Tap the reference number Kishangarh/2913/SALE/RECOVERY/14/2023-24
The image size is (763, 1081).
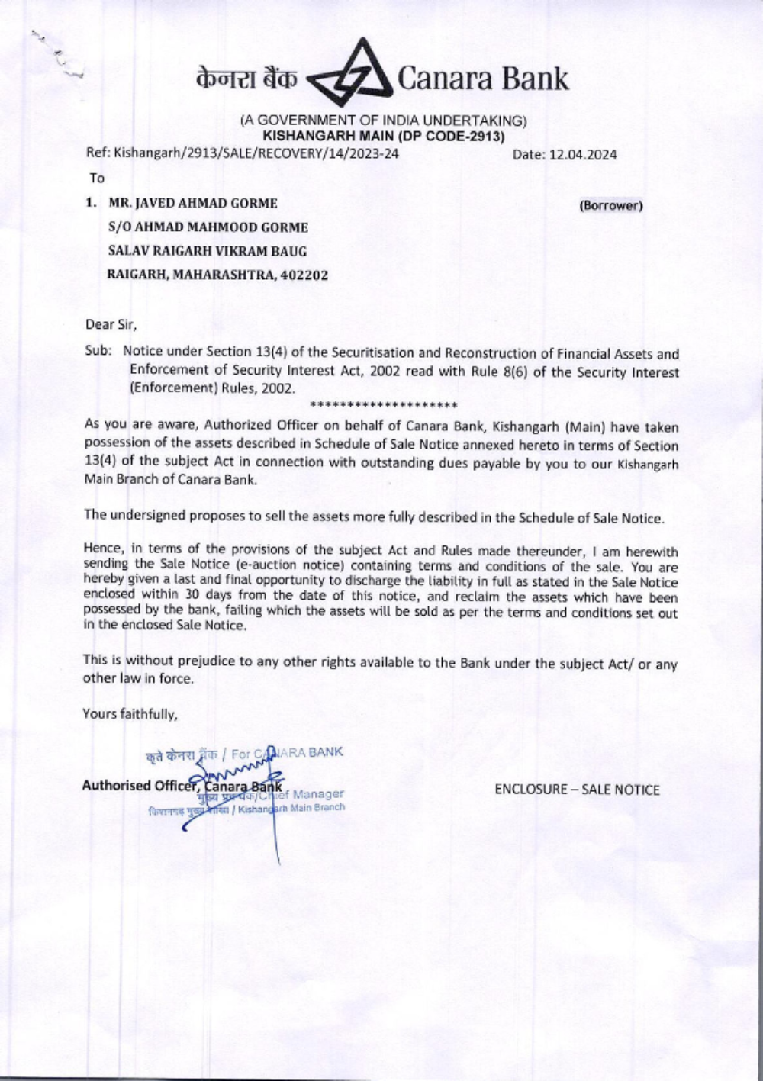[256, 153]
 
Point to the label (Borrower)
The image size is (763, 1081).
[610, 205]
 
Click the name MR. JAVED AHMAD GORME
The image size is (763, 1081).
[193, 204]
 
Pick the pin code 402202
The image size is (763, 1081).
[304, 275]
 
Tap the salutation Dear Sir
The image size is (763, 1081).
[111, 324]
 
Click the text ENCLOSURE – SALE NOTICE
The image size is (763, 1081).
[577, 790]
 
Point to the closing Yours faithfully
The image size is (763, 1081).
[130, 714]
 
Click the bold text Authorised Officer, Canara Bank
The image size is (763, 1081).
[182, 786]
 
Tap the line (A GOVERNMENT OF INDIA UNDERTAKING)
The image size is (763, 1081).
[383, 121]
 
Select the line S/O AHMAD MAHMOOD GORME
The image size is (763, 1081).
[208, 227]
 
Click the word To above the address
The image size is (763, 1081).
[97, 179]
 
